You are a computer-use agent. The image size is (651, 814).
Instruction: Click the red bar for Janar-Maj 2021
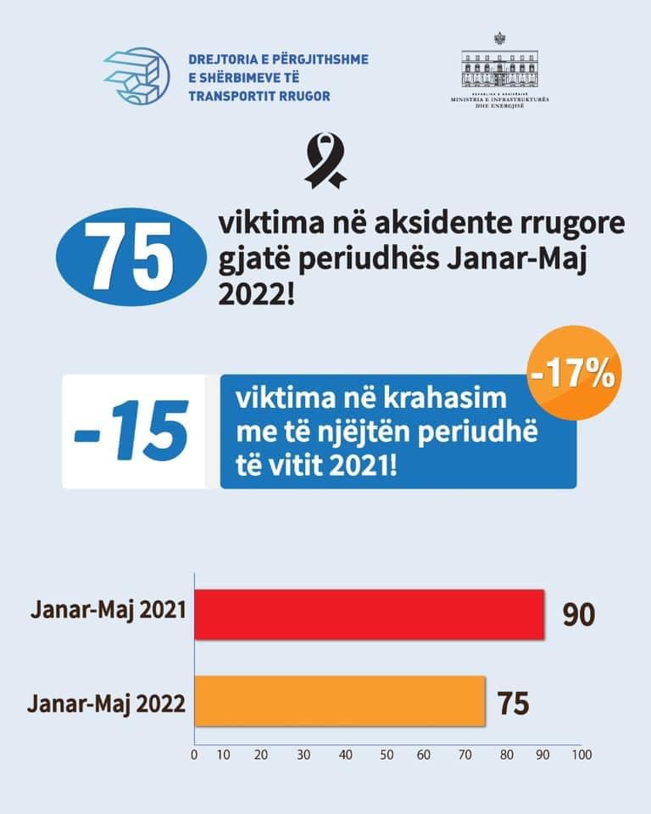[x=370, y=613]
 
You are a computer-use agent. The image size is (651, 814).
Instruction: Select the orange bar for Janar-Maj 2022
[x=340, y=701]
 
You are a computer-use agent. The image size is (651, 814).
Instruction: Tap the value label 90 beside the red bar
[x=580, y=614]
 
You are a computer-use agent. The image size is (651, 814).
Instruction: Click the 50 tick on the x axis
[x=387, y=754]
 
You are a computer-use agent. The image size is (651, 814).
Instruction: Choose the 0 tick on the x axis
[x=194, y=754]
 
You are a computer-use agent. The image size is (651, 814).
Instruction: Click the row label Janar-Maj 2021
[x=108, y=610]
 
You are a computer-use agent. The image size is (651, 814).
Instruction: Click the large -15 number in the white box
[x=132, y=432]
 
